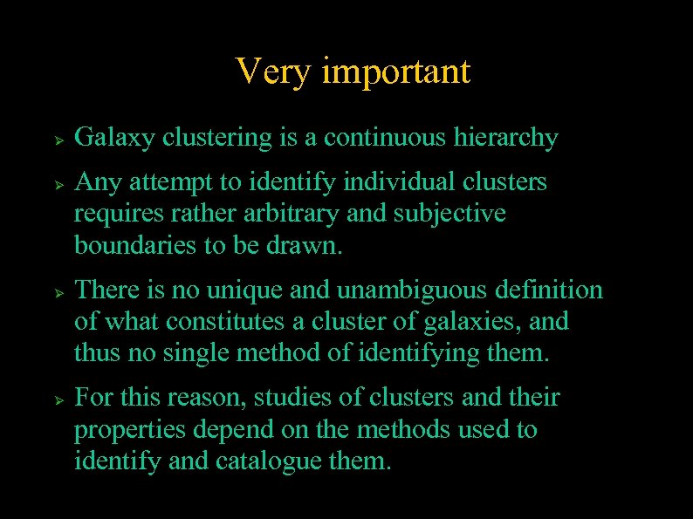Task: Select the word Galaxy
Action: [115, 138]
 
